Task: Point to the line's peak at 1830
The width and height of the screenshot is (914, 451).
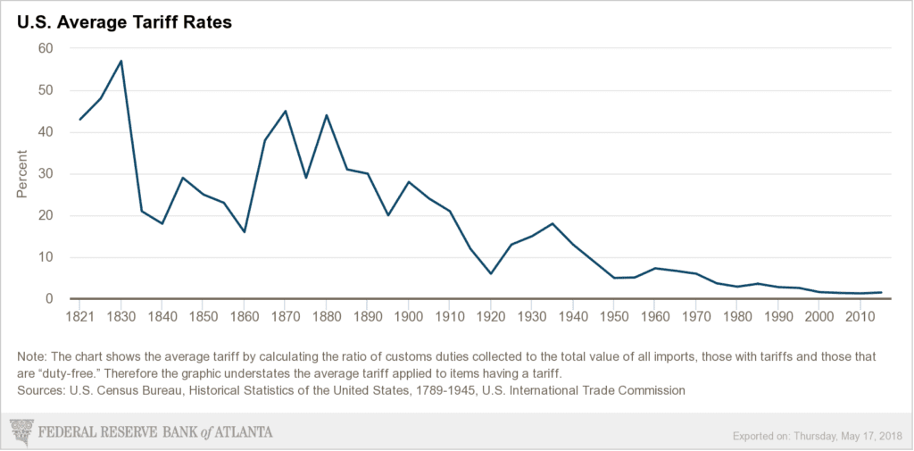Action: tap(120, 61)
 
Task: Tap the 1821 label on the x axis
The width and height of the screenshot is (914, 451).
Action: tap(79, 316)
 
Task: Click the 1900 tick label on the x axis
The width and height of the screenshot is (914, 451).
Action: tap(408, 316)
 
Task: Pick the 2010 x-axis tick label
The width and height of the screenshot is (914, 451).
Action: tap(860, 316)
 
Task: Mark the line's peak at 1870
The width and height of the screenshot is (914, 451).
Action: tap(285, 111)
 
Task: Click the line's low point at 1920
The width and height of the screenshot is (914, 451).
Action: tap(490, 273)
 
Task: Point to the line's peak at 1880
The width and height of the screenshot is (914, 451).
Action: tap(326, 115)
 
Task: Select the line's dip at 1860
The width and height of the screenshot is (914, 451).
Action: tap(244, 232)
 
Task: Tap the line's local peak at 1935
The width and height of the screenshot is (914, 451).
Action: tap(553, 223)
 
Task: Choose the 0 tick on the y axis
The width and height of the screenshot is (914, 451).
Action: tap(50, 299)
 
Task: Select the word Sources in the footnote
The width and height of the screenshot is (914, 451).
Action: tap(35, 389)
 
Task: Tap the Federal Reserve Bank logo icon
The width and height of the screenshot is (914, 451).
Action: tap(21, 431)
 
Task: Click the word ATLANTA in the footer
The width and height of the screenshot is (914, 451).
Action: tap(237, 432)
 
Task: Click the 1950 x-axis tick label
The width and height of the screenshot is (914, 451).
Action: tap(613, 316)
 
